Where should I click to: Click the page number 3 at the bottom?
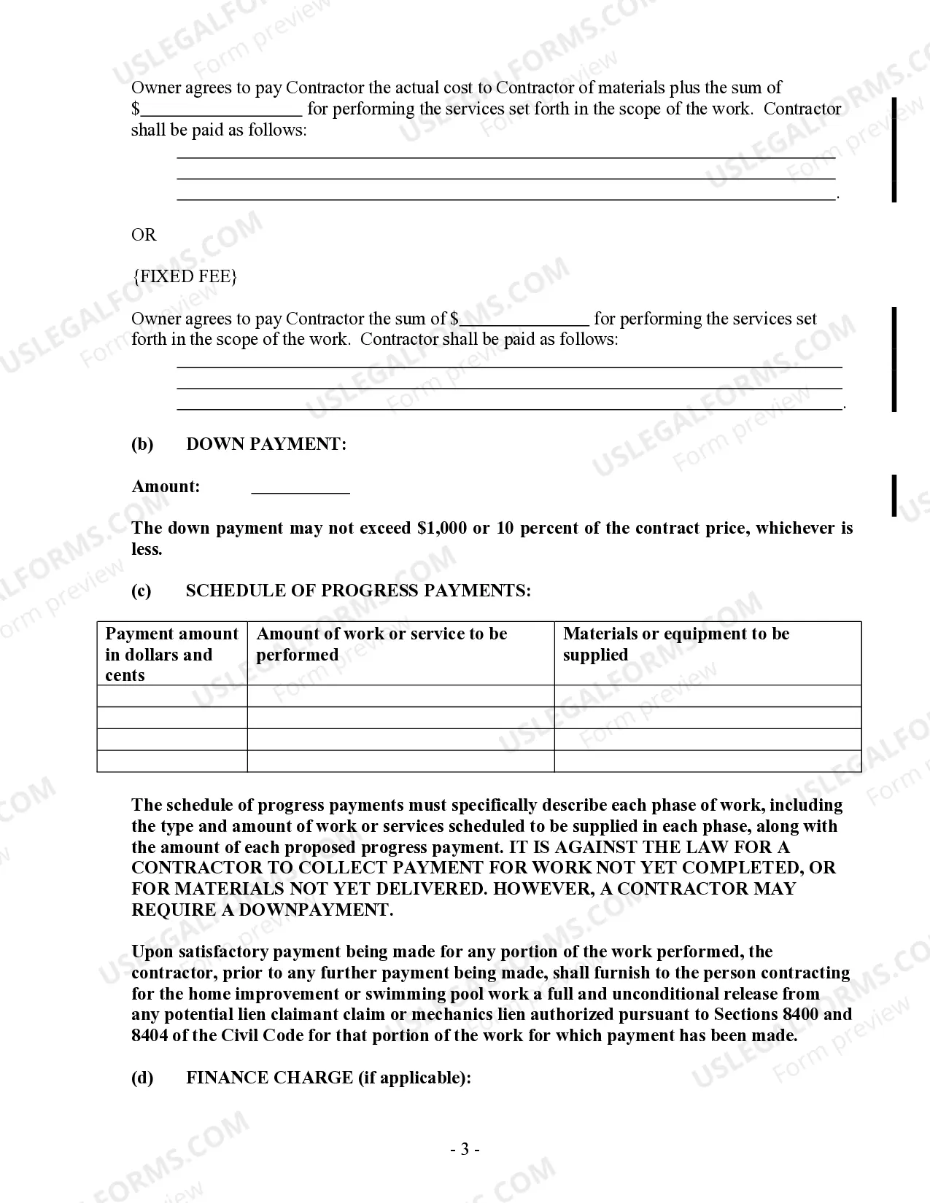465,1150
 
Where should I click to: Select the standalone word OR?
144,235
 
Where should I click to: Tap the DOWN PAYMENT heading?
266,444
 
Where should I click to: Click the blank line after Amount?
301,487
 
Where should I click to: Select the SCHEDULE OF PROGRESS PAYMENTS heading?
358,591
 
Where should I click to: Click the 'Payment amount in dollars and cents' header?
171,654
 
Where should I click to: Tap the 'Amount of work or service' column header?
381,644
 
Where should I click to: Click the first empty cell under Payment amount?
172,696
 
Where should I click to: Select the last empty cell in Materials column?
707,761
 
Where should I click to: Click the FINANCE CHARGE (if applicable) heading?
328,1078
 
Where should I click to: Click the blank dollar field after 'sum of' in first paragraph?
221,109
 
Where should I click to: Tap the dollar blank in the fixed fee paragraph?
524,319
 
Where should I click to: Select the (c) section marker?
142,591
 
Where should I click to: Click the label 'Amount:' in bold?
166,486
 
